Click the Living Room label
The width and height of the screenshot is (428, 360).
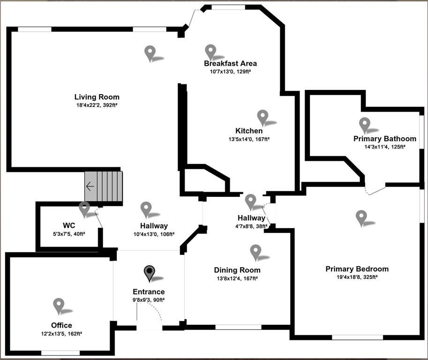(97, 97)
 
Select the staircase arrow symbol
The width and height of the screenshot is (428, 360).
(90, 187)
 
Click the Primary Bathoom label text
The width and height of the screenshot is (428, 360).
(384, 139)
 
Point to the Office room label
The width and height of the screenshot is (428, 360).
(61, 325)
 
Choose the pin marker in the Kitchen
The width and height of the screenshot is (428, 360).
(263, 117)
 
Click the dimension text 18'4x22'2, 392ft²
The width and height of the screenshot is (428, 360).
(97, 105)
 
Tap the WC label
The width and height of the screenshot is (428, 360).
(69, 225)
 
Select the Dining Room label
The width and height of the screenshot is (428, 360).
(237, 270)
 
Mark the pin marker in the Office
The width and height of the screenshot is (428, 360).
(59, 305)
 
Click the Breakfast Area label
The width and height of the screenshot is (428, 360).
(230, 63)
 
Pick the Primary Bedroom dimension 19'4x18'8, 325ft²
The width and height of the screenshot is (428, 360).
(357, 277)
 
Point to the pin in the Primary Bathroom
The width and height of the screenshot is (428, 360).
(364, 124)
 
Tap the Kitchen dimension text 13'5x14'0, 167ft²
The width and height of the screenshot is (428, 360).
(249, 139)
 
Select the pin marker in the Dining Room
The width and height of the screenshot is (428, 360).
(255, 252)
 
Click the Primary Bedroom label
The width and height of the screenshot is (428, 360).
(357, 269)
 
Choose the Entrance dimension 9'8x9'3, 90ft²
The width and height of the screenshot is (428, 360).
(149, 300)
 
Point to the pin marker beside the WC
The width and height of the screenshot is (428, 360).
(84, 209)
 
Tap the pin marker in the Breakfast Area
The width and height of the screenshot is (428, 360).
(210, 52)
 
